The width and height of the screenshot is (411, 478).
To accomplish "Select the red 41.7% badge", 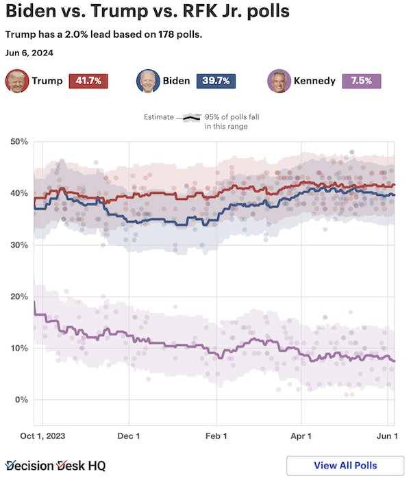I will [89, 81].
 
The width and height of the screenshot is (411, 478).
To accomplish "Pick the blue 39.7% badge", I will [216, 81].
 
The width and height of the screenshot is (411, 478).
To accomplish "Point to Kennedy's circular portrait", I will [277, 81].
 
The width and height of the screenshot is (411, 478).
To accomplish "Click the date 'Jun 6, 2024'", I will [29, 53].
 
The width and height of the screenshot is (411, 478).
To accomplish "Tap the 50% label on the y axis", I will [18, 142].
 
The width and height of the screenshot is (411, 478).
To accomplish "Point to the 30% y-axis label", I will [18, 245].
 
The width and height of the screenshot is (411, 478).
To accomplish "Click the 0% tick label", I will [21, 400].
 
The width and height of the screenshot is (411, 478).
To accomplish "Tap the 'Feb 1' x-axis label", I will [216, 436].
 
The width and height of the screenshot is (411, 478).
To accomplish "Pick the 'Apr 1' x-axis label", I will [301, 436].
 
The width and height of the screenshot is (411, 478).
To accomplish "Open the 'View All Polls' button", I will [345, 466].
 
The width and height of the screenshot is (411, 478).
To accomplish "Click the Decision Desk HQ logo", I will [55, 466].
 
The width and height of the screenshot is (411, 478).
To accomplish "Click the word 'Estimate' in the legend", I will [159, 117].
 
